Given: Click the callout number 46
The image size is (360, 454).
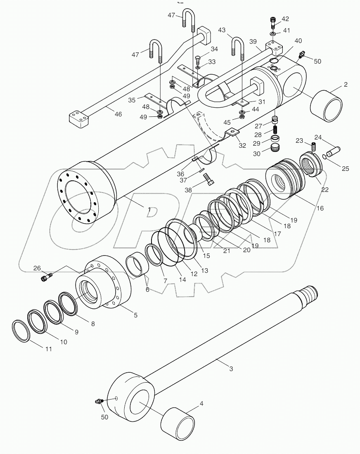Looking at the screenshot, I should pos(118,114).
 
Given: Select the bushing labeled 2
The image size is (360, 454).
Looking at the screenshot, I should pos(326,106).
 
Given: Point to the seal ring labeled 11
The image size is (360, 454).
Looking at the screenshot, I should pos(19,330).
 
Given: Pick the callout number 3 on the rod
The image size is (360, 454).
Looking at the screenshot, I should pos(231,369).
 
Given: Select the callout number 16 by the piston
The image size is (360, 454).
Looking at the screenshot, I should pos(320,209).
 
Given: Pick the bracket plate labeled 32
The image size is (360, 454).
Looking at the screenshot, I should pos(233,132).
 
